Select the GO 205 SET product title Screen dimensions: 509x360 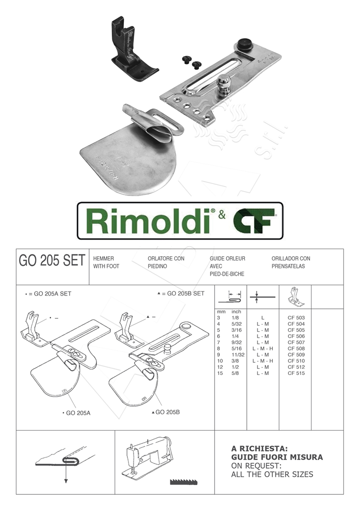(52, 261)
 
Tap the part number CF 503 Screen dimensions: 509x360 (296, 317)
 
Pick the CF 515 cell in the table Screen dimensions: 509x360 (296, 373)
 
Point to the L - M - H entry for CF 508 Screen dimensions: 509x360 (263, 349)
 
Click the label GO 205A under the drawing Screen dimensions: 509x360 (77, 413)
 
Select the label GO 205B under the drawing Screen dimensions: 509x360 (166, 412)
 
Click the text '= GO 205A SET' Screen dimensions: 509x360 (49, 294)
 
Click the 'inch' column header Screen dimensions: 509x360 (236, 311)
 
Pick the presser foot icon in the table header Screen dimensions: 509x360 (295, 296)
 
